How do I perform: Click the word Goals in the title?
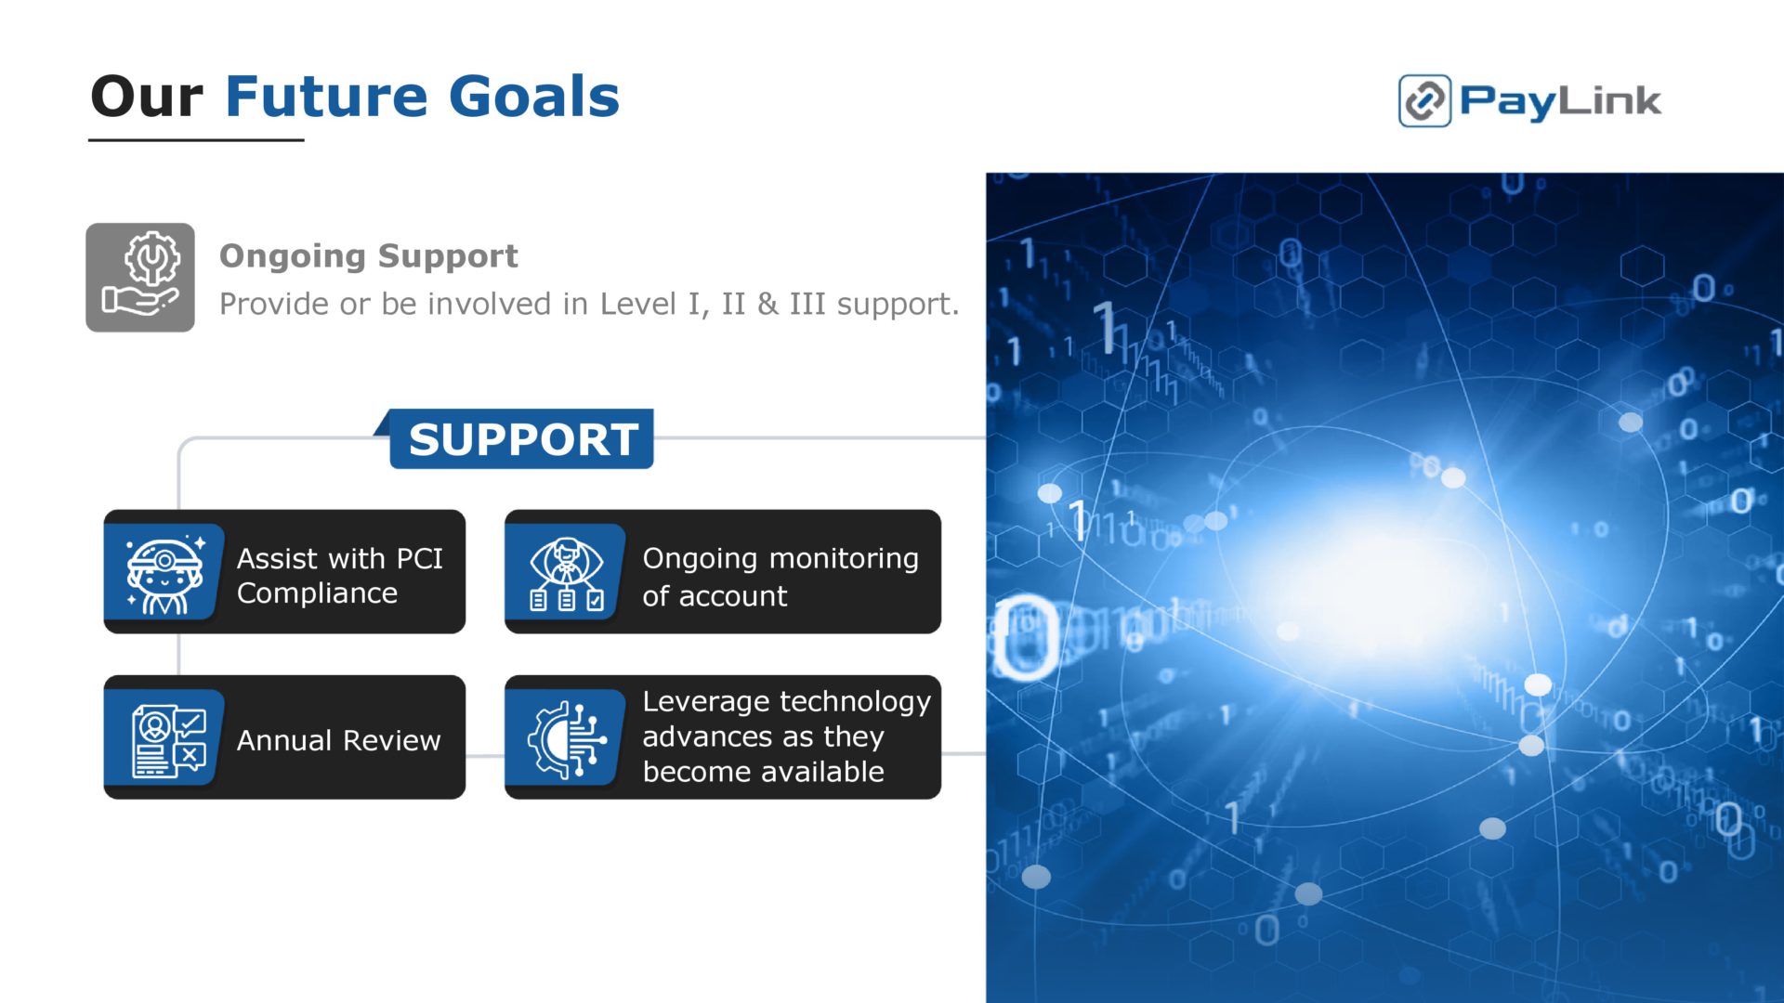(534, 97)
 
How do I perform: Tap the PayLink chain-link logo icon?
(1424, 100)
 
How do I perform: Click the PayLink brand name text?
(1560, 101)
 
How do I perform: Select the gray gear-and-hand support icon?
(140, 277)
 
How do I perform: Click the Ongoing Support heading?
(369, 255)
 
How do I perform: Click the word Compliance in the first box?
(318, 593)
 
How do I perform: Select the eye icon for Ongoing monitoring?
(566, 572)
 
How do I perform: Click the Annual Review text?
(339, 740)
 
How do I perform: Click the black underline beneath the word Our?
(196, 140)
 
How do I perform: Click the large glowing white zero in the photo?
(1026, 638)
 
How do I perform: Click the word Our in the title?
(147, 97)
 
